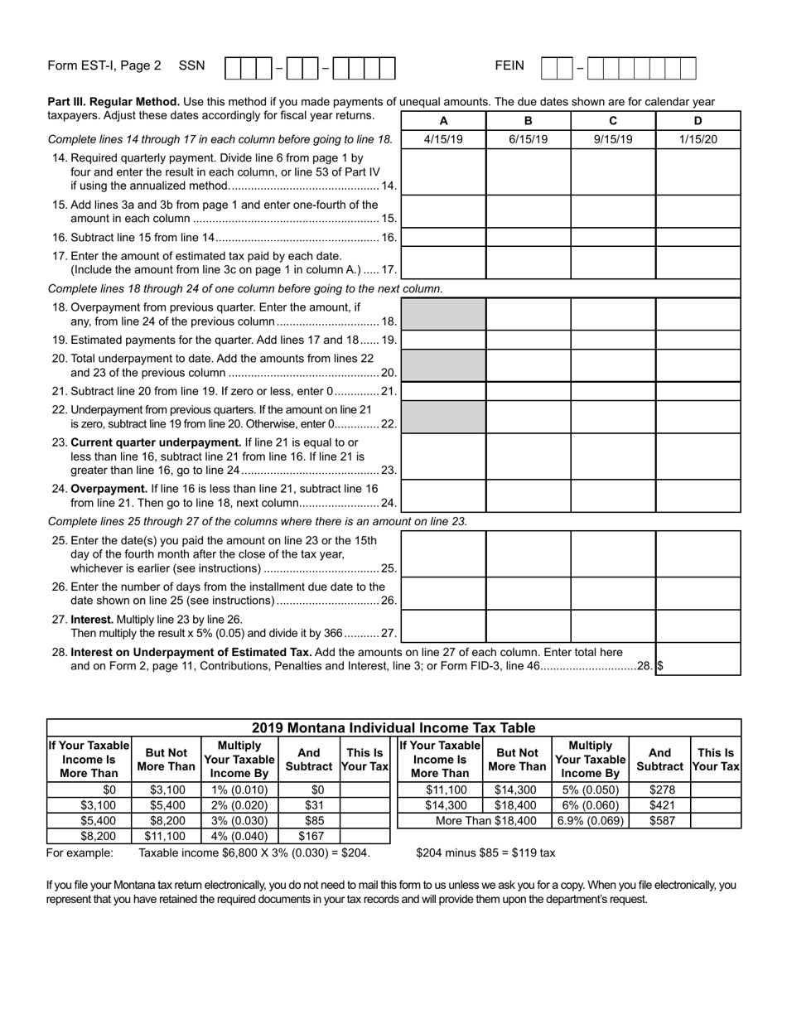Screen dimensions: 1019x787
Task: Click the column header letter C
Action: click(x=613, y=120)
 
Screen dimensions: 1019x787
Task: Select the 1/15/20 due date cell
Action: click(x=698, y=139)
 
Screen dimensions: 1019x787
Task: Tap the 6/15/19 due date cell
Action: click(x=528, y=139)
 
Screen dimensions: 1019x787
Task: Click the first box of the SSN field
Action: click(x=232, y=68)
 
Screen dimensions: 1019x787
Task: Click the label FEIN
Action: click(x=509, y=65)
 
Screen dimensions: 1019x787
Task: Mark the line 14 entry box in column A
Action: click(x=443, y=171)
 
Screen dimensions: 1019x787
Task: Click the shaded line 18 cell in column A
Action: click(x=443, y=314)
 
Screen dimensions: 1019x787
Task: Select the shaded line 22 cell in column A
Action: click(x=443, y=417)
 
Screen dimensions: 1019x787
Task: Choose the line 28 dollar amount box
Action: click(x=698, y=659)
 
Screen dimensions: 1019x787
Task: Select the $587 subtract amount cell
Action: click(x=659, y=821)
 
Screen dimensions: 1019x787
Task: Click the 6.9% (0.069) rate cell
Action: click(x=591, y=821)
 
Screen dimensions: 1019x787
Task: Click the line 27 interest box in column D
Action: click(x=698, y=626)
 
